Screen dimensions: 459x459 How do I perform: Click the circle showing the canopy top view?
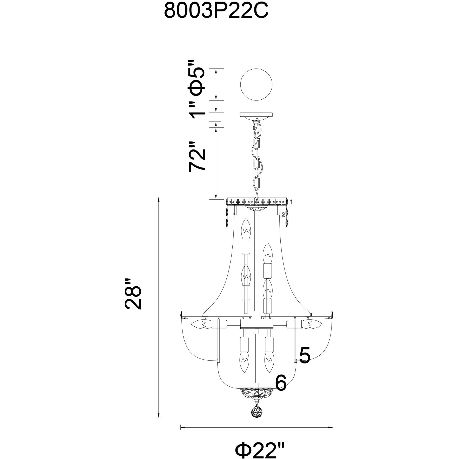(256, 84)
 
